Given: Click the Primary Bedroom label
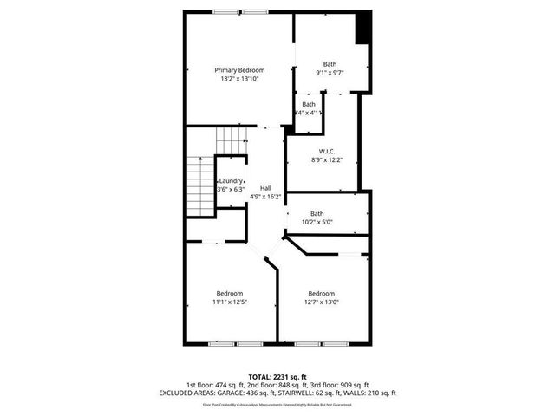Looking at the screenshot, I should pyautogui.click(x=239, y=70).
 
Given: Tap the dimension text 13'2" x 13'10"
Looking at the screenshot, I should pyautogui.click(x=239, y=79).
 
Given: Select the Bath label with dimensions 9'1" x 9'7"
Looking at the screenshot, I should pyautogui.click(x=330, y=64).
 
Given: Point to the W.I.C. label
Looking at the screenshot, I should pyautogui.click(x=327, y=151).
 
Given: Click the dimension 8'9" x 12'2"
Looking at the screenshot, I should pyautogui.click(x=327, y=159).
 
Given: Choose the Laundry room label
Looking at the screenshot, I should pyautogui.click(x=231, y=181).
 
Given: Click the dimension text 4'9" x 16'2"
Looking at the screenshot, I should pyautogui.click(x=265, y=198).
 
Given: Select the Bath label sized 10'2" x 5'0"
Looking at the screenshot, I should pyautogui.click(x=317, y=213).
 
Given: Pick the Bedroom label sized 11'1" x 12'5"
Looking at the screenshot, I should pyautogui.click(x=230, y=293).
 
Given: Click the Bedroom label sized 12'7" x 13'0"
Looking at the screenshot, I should pyautogui.click(x=321, y=293).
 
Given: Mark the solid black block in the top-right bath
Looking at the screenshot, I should pyautogui.click(x=364, y=27).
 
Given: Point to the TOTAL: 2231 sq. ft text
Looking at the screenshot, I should pyautogui.click(x=277, y=377).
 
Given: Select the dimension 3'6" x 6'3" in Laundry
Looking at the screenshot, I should pyautogui.click(x=231, y=190).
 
